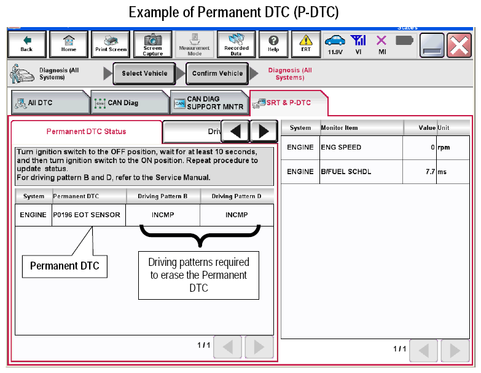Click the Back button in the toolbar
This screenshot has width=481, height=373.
27,44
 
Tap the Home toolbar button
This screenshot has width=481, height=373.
69,44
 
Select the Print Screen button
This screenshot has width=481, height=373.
111,44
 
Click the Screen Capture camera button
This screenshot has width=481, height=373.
153,44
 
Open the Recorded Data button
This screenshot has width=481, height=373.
237,44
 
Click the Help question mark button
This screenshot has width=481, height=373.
273,44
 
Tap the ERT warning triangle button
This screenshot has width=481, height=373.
306,44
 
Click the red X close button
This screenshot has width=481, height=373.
459,45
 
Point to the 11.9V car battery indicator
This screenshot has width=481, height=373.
335,45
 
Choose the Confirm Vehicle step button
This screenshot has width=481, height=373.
217,73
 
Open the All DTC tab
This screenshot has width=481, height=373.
50,103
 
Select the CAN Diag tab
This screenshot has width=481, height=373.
130,103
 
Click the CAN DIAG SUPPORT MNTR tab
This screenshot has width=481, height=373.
209,103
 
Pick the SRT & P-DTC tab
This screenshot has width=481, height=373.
289,103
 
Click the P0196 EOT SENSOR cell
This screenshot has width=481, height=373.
88,215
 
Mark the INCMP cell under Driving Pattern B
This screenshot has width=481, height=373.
163,215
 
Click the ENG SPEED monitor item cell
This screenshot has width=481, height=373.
361,148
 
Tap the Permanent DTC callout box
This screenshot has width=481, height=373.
65,266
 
